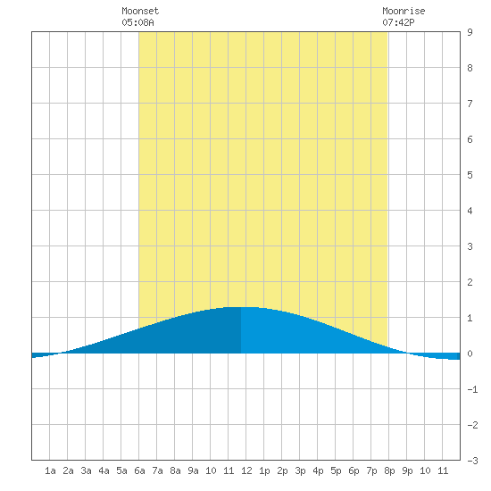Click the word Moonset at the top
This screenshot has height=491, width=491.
click(x=140, y=11)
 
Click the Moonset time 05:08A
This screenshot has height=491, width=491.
click(x=137, y=22)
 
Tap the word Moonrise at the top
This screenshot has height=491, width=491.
click(x=404, y=11)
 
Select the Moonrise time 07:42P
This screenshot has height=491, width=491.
click(x=398, y=22)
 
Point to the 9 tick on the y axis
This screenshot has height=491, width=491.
click(x=470, y=32)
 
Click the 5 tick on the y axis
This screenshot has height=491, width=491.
click(x=470, y=175)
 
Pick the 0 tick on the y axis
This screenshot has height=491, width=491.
click(x=470, y=354)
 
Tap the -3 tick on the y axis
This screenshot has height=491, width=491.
click(x=472, y=461)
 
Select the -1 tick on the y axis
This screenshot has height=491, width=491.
click(x=472, y=389)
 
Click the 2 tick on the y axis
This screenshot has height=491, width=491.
click(x=470, y=282)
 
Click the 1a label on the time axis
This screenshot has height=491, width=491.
click(x=50, y=470)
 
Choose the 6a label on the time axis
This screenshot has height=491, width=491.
click(x=139, y=470)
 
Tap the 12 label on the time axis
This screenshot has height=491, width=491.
click(x=246, y=470)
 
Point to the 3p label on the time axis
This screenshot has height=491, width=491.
click(x=300, y=470)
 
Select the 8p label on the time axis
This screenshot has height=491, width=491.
click(x=389, y=470)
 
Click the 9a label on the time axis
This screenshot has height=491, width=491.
click(x=193, y=470)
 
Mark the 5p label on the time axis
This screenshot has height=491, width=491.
click(x=336, y=470)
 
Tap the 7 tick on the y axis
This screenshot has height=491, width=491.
click(x=470, y=104)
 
